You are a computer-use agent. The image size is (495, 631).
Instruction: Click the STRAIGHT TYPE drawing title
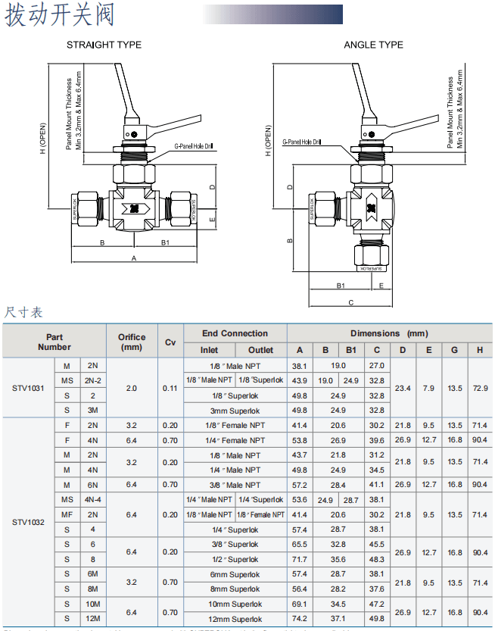click(x=104, y=45)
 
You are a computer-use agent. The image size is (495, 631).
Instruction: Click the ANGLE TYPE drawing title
click(x=373, y=45)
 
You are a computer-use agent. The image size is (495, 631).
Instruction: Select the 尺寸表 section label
click(x=24, y=312)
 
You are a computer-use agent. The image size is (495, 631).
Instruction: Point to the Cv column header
click(x=170, y=342)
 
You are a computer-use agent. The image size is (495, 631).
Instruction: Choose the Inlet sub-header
click(x=209, y=350)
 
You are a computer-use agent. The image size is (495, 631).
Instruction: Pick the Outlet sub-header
click(x=260, y=350)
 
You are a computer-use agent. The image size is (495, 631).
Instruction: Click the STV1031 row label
click(x=28, y=388)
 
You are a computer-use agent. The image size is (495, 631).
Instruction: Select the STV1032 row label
click(x=28, y=522)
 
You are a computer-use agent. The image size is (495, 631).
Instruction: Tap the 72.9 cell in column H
click(x=480, y=388)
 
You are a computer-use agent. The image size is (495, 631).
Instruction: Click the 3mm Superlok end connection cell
click(x=235, y=411)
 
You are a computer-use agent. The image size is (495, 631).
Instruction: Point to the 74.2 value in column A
click(x=300, y=619)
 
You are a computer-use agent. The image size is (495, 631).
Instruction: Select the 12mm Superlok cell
click(x=235, y=619)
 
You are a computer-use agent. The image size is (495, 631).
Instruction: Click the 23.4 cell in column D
click(x=403, y=388)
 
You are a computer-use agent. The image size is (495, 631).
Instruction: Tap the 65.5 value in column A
click(x=300, y=544)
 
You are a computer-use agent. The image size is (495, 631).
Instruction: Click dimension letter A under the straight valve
click(x=134, y=258)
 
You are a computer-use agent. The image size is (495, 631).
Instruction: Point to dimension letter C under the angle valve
click(x=350, y=303)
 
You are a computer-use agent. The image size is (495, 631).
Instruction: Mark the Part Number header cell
click(x=54, y=342)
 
